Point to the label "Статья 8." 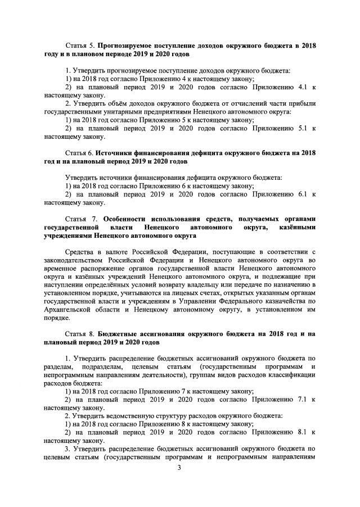tap(78, 333)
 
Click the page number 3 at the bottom tap(179, 478)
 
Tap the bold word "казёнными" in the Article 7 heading tap(296, 227)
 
